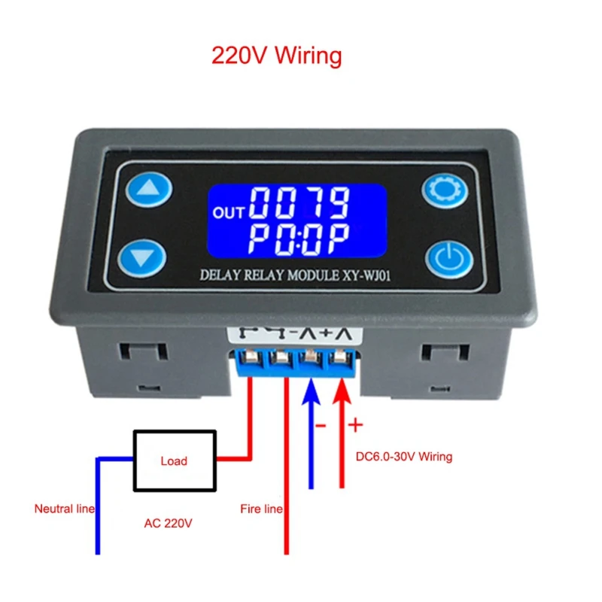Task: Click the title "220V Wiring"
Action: [276, 56]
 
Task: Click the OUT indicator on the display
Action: [229, 213]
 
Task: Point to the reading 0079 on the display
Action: [299, 202]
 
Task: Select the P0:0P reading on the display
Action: [299, 239]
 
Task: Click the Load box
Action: [174, 461]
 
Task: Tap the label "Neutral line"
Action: [65, 509]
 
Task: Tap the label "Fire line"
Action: [261, 509]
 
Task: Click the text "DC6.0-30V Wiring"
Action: [403, 456]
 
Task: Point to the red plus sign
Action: [356, 426]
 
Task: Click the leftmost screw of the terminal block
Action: [251, 356]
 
